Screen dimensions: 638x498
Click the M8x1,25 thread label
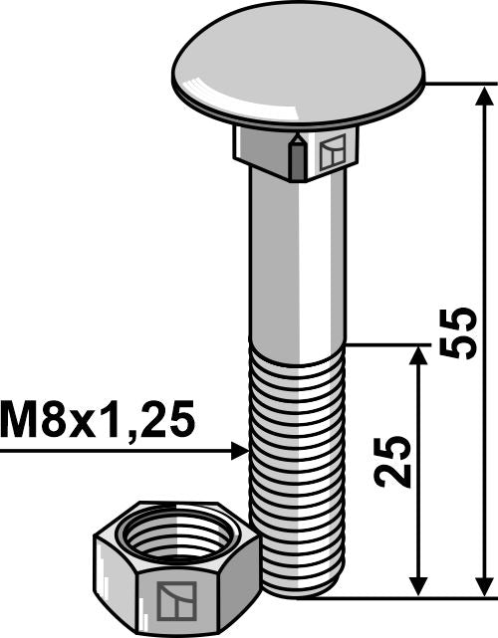pos(98,420)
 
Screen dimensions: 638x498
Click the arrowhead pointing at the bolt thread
pos(238,451)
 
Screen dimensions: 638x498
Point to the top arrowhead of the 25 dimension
pos(419,356)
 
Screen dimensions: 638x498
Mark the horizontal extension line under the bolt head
pos(458,85)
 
